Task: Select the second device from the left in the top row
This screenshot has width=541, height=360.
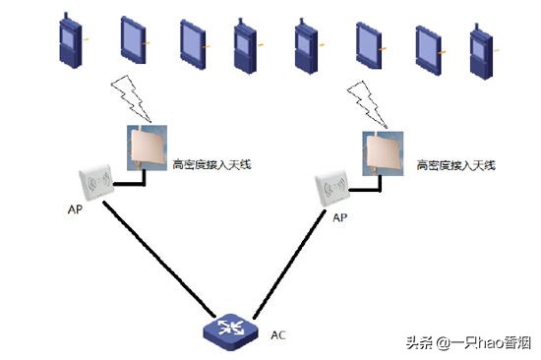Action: (x=134, y=41)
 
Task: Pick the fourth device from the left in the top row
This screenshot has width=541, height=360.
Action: (x=246, y=44)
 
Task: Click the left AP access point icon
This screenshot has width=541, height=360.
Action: (x=97, y=183)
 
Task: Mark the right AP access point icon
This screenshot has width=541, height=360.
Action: (x=333, y=189)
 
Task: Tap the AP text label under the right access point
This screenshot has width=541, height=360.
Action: (x=340, y=216)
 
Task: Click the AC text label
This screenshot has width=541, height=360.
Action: (x=278, y=334)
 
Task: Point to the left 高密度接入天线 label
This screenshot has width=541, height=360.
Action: (x=211, y=164)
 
